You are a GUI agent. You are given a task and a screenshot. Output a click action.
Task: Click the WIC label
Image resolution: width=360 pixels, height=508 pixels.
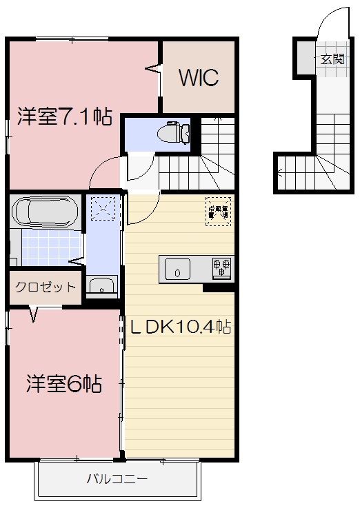click(199, 78)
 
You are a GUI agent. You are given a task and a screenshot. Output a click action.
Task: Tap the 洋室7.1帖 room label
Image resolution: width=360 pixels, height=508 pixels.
click(64, 117)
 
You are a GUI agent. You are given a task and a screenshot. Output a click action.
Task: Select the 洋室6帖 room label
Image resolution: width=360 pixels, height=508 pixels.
click(65, 383)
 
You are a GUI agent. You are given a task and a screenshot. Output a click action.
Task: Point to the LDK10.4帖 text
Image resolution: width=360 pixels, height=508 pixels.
click(181, 326)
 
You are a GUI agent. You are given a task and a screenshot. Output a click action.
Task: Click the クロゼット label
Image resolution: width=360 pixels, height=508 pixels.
click(46, 287)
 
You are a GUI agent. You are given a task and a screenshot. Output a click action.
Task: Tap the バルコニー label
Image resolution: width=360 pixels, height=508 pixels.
click(117, 479)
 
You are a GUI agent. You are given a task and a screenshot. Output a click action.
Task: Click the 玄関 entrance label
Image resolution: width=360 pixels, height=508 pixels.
click(331, 59)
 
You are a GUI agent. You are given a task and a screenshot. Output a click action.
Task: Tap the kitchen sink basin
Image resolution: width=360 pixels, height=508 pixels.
click(177, 270)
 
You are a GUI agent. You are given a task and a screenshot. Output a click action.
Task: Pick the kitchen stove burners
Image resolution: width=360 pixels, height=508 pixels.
click(222, 267)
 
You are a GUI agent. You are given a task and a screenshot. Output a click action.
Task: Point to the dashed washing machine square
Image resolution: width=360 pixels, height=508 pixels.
click(104, 207)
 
